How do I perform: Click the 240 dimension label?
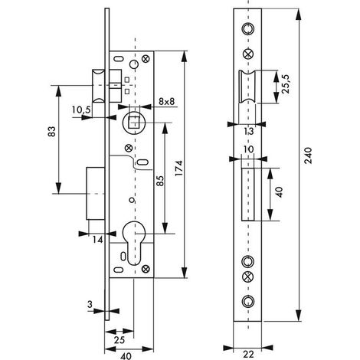tap(309, 155)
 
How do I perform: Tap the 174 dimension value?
tap(179, 169)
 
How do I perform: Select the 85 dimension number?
tap(160, 181)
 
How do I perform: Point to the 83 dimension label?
tap(52, 132)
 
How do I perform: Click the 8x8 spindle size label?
tap(166, 101)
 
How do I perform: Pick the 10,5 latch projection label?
tap(81, 110)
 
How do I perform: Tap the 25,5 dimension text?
tap(287, 84)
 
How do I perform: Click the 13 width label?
tap(249, 131)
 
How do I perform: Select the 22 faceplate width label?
tap(249, 355)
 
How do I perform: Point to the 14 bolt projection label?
tap(97, 240)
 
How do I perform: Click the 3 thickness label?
tap(90, 304)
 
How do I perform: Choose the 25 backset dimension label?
tap(119, 340)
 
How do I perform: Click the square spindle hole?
tap(134, 123)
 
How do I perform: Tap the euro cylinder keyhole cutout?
tap(131, 244)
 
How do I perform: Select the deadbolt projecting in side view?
tap(96, 193)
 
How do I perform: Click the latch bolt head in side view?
tap(98, 86)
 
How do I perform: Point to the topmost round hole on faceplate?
tap(247, 28)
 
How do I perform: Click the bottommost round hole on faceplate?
tap(247, 301)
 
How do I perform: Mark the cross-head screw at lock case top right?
tap(146, 59)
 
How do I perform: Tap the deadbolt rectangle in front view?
tap(248, 195)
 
